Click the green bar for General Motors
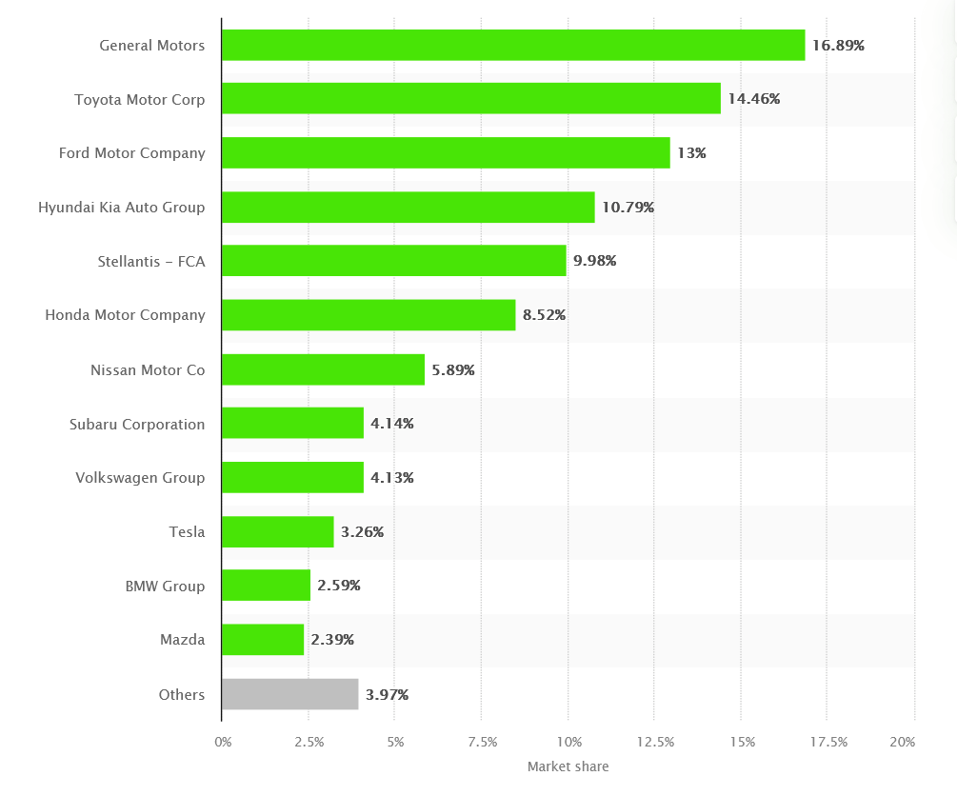tap(513, 45)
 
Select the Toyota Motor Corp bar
tap(471, 98)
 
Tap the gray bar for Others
tap(290, 694)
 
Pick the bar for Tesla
tap(278, 531)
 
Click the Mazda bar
tap(263, 640)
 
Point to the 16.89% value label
tap(838, 45)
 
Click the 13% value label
tap(692, 152)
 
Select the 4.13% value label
tap(392, 478)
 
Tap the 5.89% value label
tap(453, 369)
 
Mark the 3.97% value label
tap(387, 694)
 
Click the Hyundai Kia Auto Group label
tap(121, 207)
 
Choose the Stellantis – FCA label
tap(150, 261)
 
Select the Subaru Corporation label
tap(137, 424)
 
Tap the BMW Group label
tap(165, 586)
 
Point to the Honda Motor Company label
tap(125, 315)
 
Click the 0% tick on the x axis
tap(223, 742)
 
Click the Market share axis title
tap(568, 766)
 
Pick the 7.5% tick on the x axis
tap(483, 742)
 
